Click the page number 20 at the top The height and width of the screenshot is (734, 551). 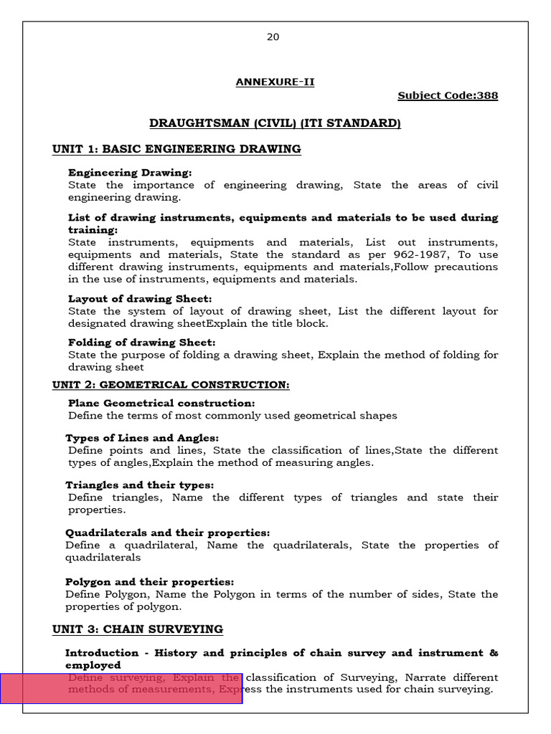pyautogui.click(x=273, y=37)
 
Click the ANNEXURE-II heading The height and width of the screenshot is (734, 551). pyautogui.click(x=275, y=82)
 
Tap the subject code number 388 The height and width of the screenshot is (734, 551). pyautogui.click(x=487, y=96)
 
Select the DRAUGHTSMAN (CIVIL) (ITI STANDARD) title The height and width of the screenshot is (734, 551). pyautogui.click(x=275, y=124)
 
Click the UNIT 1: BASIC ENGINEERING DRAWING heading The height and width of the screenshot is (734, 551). pyautogui.click(x=176, y=150)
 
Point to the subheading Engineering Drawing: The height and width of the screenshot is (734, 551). pyautogui.click(x=130, y=173)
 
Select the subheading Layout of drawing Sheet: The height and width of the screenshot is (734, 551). pyautogui.click(x=140, y=299)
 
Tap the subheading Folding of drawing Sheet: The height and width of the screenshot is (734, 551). pyautogui.click(x=141, y=343)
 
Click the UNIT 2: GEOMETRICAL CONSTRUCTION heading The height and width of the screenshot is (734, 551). pyautogui.click(x=171, y=386)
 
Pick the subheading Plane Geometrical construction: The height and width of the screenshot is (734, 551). pyautogui.click(x=161, y=404)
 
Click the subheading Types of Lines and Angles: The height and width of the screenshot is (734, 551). pyautogui.click(x=142, y=438)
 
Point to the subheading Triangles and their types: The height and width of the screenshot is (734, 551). pyautogui.click(x=139, y=485)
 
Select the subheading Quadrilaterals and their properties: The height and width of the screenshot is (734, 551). pyautogui.click(x=167, y=533)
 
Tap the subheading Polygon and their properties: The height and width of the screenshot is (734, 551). pyautogui.click(x=149, y=582)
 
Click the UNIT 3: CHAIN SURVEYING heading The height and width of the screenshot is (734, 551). pyautogui.click(x=137, y=630)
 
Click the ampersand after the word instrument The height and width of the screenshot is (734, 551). pyautogui.click(x=493, y=653)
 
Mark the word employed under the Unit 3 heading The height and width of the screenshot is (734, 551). pyautogui.click(x=93, y=665)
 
